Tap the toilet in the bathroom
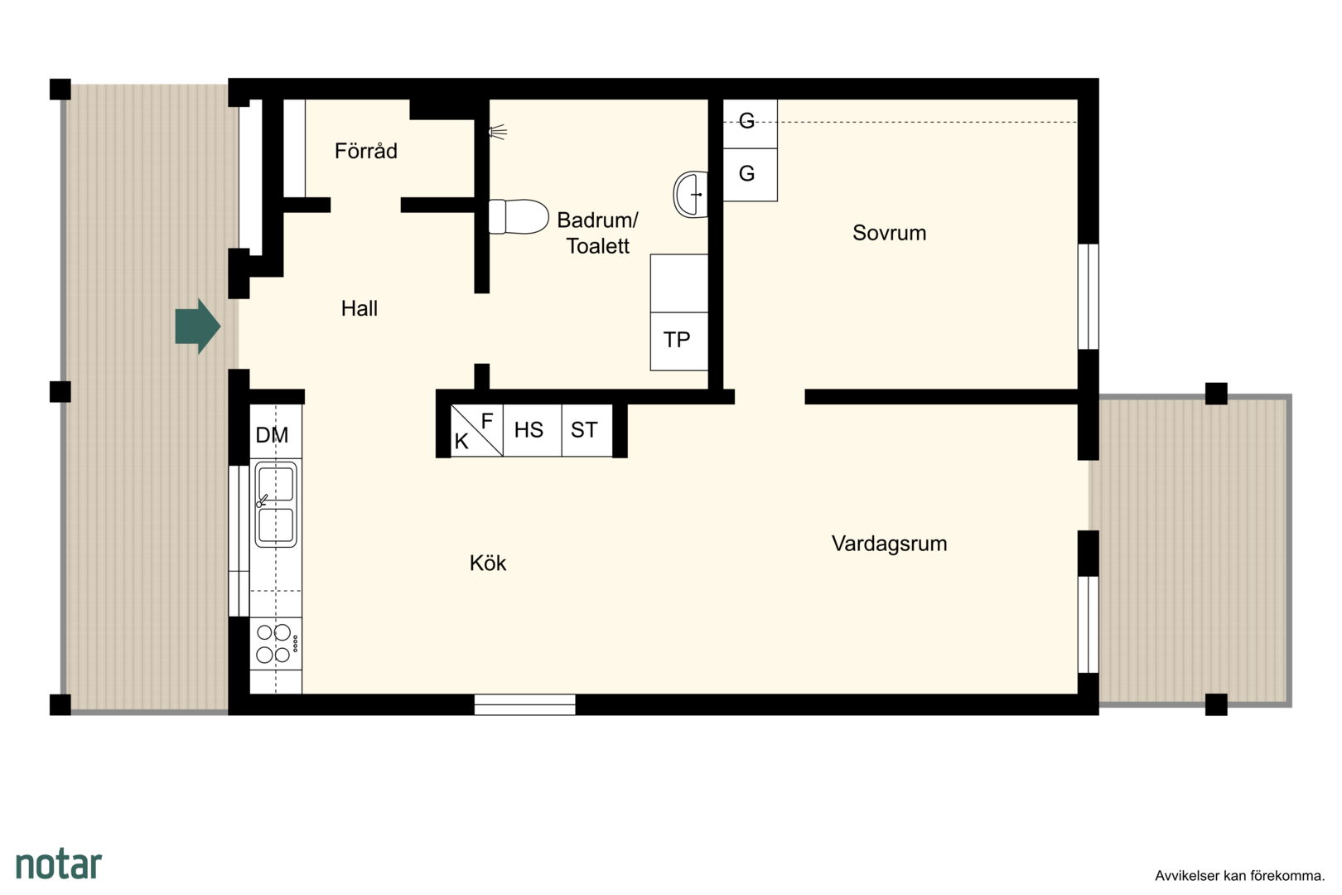click(519, 216)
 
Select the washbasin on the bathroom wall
click(691, 194)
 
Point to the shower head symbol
click(497, 132)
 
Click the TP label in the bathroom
click(677, 340)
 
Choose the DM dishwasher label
click(272, 434)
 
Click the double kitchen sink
click(276, 504)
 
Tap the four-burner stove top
click(276, 643)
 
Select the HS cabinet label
click(529, 430)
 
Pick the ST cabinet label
click(584, 430)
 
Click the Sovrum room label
click(889, 233)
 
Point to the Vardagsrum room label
click(889, 544)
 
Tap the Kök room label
click(488, 563)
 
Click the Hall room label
click(360, 309)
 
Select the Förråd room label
click(365, 151)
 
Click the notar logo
click(59, 864)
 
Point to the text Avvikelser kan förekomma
click(1239, 876)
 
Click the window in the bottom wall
click(525, 704)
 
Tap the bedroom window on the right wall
click(1089, 296)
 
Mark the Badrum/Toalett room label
click(598, 233)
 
